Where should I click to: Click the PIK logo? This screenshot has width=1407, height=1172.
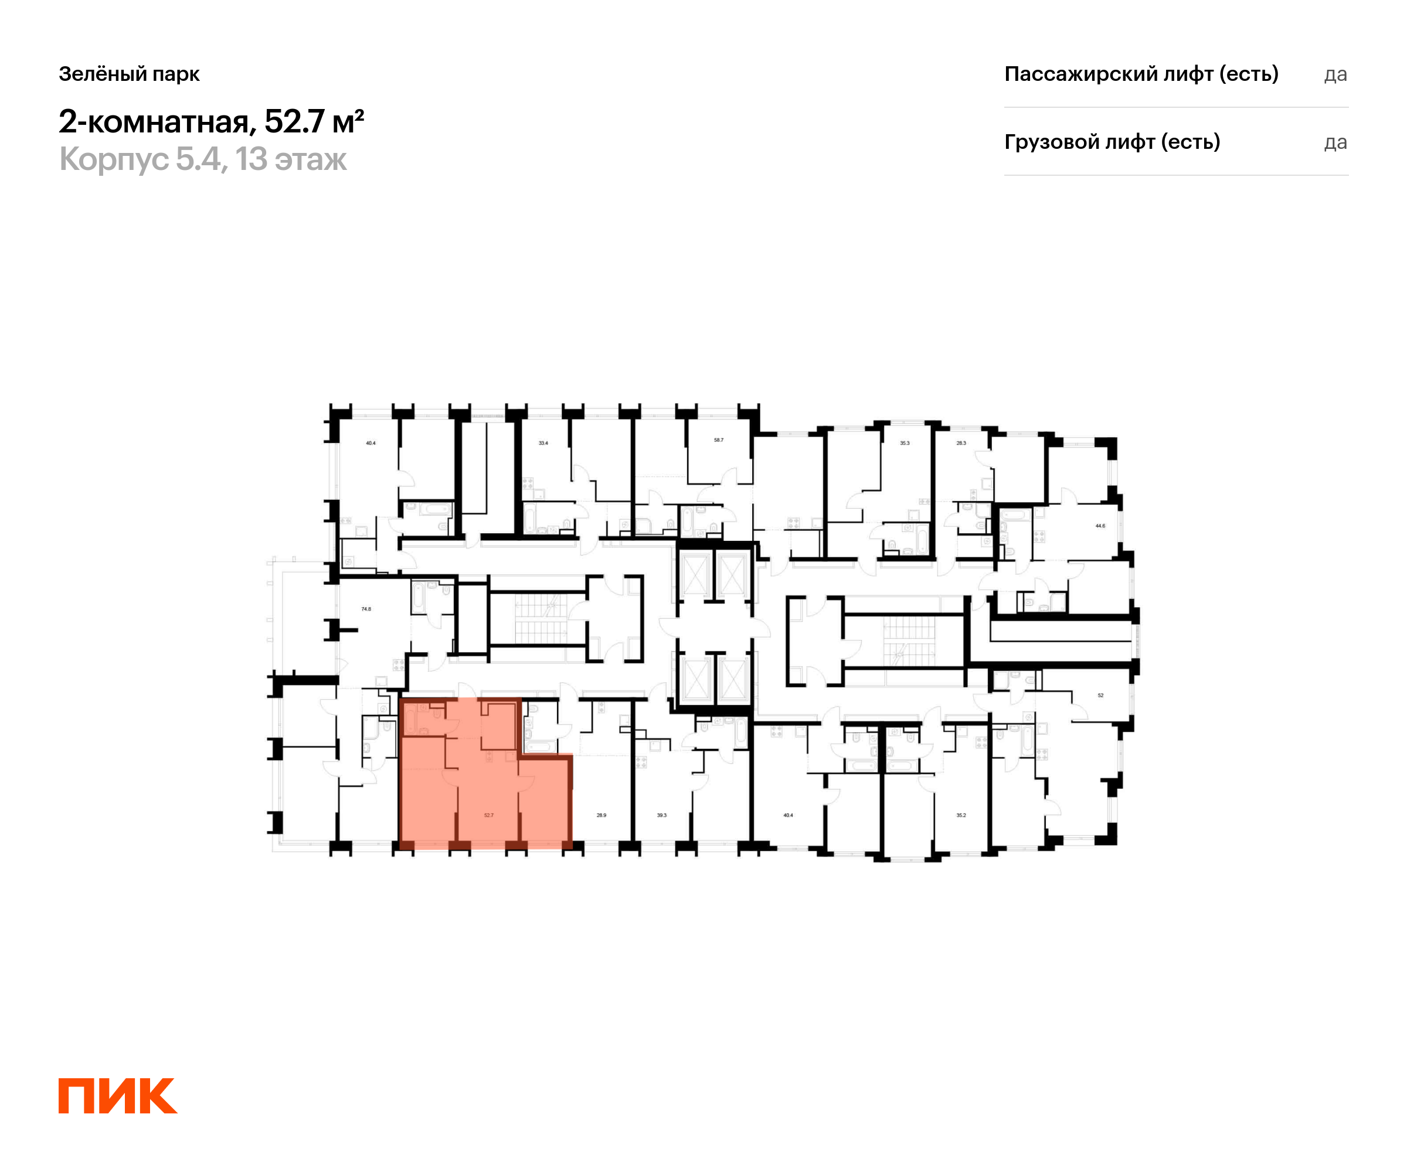pos(117,1096)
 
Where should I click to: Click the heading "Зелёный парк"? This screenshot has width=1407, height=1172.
pos(130,74)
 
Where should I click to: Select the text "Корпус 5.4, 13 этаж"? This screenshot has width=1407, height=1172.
pos(203,159)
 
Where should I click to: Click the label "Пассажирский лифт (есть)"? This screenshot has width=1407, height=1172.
pos(1141,74)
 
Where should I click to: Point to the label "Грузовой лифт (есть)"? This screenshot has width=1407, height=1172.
pos(1112,142)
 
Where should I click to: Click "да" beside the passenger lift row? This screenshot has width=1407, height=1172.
pos(1335,74)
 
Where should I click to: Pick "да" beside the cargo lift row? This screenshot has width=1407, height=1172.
pos(1335,142)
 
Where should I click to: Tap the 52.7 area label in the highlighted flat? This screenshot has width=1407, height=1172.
pos(488,815)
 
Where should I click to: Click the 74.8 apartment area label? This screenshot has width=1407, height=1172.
pos(366,609)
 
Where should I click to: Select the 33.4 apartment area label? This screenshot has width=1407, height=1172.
pos(543,442)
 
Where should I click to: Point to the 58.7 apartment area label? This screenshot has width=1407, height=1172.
pos(718,440)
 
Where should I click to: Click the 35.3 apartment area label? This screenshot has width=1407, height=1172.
pos(905,442)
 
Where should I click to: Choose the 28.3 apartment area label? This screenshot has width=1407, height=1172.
pos(961,442)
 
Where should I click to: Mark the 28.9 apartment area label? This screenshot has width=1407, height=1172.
pos(601,815)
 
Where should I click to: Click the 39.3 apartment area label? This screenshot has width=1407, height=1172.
pos(661,815)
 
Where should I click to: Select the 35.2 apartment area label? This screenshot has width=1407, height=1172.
pos(961,815)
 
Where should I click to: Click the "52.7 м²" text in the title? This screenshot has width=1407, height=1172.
pos(314,121)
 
